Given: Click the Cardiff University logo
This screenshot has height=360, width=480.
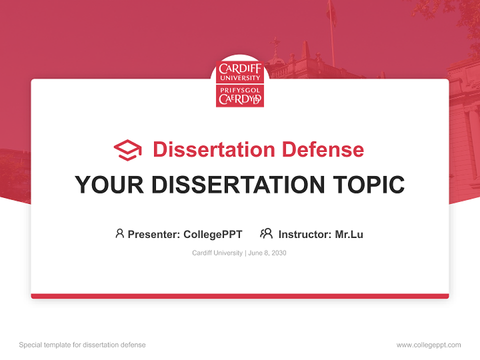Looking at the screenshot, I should click(x=240, y=83).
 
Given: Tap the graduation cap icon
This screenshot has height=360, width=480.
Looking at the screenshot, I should click(x=127, y=150).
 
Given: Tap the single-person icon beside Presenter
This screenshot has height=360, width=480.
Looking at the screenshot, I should click(x=119, y=233).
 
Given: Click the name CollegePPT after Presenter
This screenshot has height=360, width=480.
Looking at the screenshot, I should click(x=213, y=234).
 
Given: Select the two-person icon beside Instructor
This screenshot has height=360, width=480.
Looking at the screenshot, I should click(x=266, y=233).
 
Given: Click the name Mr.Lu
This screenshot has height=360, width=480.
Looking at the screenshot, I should click(x=349, y=234).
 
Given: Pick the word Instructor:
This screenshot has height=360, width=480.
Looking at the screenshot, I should click(x=304, y=234).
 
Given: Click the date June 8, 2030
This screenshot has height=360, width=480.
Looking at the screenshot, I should click(x=267, y=253).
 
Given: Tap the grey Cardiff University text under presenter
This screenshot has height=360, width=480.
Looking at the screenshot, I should click(x=217, y=253).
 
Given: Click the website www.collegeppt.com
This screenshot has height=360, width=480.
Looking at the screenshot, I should click(x=428, y=345).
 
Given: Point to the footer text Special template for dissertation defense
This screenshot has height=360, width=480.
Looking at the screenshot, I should click(x=82, y=345).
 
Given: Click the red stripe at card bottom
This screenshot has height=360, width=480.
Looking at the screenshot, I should click(x=240, y=296).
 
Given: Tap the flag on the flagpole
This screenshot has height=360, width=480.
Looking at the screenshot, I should click(x=331, y=12).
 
